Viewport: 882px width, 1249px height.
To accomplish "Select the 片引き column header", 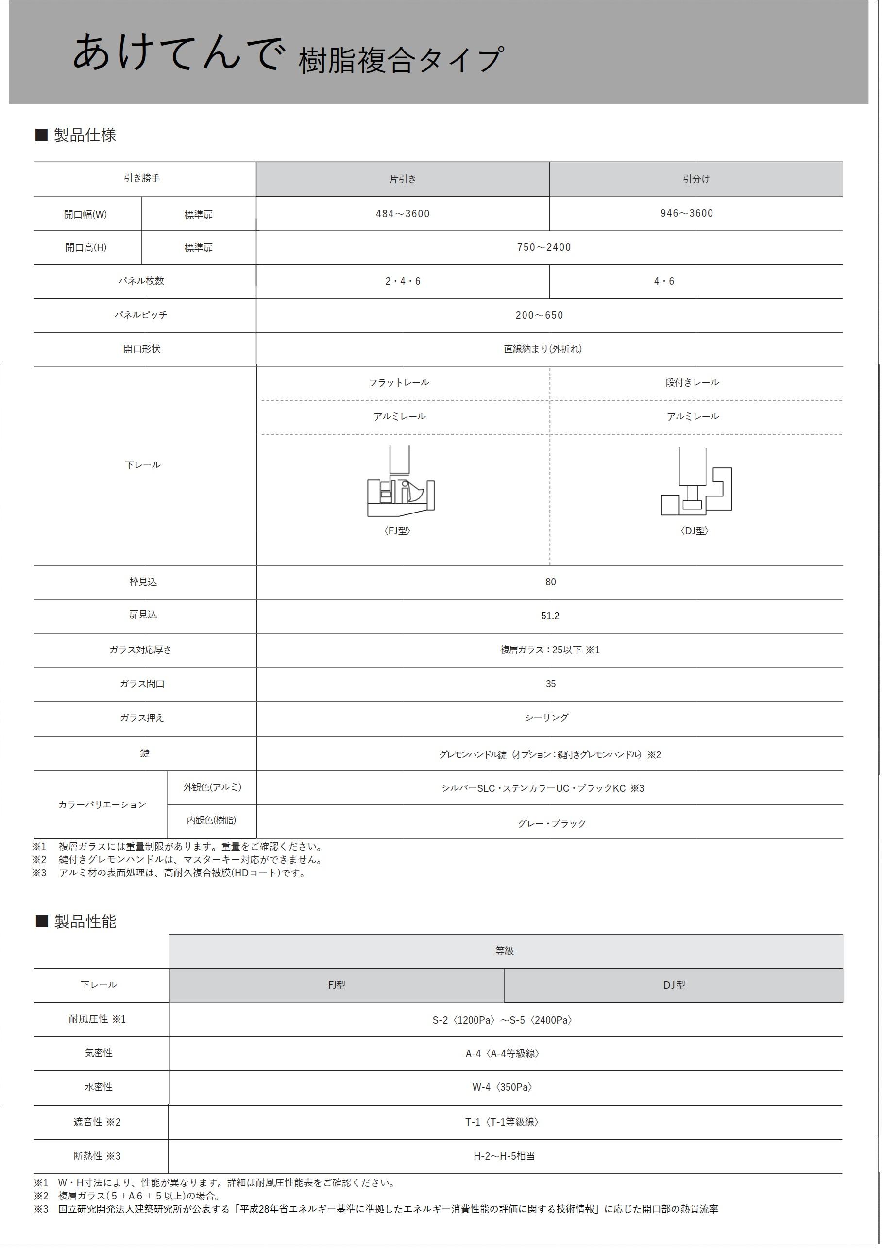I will [403, 179].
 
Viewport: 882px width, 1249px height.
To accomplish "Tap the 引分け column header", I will [696, 179].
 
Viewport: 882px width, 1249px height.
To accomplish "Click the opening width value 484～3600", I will [403, 214].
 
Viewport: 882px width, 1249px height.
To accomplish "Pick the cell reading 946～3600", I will [686, 213].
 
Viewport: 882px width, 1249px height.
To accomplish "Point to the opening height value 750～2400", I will [544, 247].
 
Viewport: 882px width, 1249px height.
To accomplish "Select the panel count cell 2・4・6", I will [403, 281].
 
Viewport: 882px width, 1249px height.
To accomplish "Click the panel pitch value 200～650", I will [540, 315].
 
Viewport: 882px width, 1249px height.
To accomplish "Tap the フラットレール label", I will [399, 382].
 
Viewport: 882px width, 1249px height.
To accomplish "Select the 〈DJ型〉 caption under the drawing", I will [695, 530].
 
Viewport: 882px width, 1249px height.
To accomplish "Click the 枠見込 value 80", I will [550, 582].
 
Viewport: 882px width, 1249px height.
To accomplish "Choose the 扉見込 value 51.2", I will [550, 616].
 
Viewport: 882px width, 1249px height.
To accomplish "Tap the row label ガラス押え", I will [142, 718].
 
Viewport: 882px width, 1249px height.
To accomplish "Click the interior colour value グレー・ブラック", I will [551, 823].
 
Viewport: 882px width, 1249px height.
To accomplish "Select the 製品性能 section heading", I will [85, 922].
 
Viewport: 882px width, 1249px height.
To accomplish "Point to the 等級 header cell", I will [504, 951].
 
